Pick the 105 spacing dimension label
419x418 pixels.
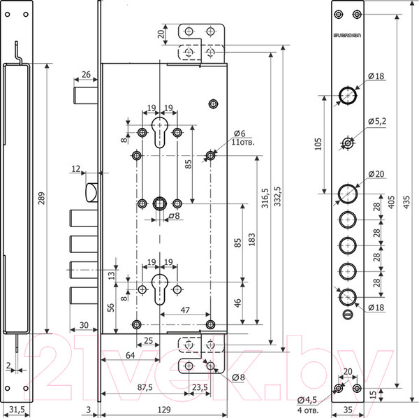(318, 144)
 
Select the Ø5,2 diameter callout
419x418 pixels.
(378, 121)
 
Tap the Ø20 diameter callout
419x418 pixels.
(377, 174)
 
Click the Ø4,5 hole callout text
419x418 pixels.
(308, 399)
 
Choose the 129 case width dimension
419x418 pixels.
(162, 410)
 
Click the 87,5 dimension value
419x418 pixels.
(144, 387)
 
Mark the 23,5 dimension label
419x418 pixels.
(199, 387)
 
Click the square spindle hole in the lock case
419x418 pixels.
(160, 203)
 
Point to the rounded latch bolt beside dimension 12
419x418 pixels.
(90, 192)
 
